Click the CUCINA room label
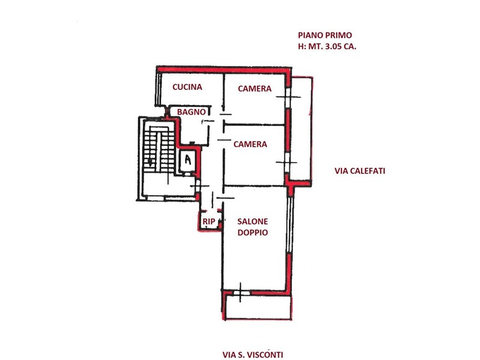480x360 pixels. click(187, 87)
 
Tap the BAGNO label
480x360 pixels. click(191, 112)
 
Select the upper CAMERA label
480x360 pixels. click(254, 88)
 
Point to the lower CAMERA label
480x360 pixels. click(250, 144)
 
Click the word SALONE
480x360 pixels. click(253, 221)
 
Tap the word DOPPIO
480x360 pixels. click(253, 233)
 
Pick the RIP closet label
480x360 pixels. click(209, 221)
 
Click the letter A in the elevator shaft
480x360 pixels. click(188, 160)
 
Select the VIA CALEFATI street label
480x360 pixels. click(359, 171)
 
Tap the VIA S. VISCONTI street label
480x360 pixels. click(253, 355)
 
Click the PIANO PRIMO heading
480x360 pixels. click(325, 35)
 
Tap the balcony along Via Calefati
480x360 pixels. click(302, 131)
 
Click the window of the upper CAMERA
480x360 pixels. click(288, 97)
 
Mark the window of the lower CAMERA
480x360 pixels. click(287, 162)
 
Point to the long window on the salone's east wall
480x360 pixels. click(290, 225)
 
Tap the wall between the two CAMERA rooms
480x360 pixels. click(254, 125)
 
